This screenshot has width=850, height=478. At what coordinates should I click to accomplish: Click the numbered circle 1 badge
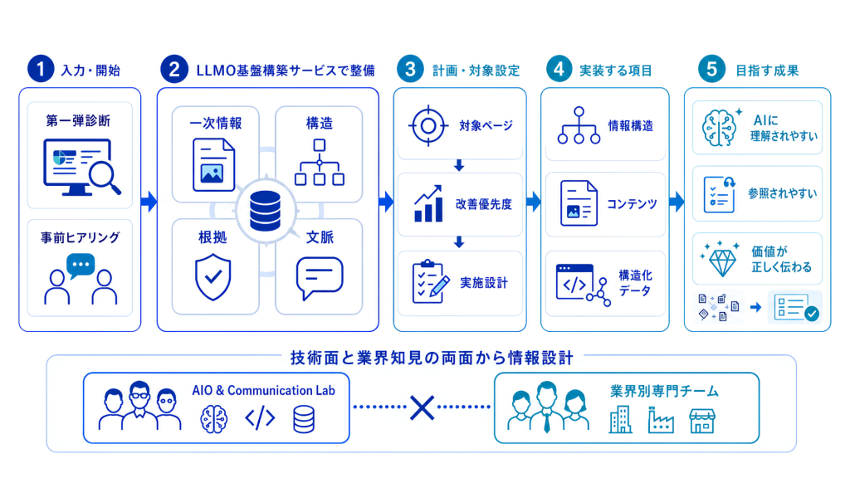click(41, 69)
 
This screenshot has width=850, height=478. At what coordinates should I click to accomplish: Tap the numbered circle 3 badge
click(410, 69)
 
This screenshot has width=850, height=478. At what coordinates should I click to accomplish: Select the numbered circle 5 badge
click(711, 69)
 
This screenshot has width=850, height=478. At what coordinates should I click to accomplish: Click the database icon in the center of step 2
click(266, 211)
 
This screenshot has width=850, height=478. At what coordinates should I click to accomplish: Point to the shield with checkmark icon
click(213, 278)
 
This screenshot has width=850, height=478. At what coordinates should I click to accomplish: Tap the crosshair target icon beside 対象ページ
click(428, 126)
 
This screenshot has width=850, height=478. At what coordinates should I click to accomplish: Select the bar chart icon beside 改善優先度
click(428, 204)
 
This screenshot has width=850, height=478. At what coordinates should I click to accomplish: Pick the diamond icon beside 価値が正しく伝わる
click(721, 259)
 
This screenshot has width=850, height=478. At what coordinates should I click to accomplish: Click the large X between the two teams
click(423, 407)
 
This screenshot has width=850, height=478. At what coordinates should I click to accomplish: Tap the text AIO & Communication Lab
click(263, 390)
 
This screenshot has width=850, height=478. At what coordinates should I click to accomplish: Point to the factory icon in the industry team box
click(661, 420)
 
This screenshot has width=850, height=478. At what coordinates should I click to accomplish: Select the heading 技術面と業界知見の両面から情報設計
click(432, 358)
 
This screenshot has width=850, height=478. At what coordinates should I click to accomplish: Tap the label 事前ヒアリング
click(81, 237)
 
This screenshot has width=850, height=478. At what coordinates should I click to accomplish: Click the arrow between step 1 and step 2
click(149, 202)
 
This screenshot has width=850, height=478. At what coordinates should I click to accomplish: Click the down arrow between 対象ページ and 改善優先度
click(459, 165)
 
